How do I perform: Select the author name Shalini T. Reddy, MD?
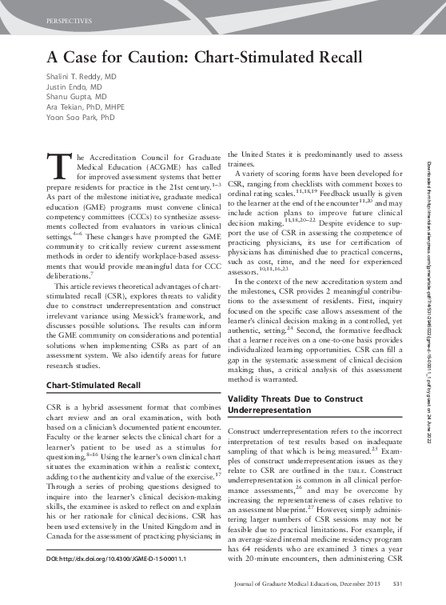(x=80, y=75)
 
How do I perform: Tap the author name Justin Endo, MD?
(x=70, y=86)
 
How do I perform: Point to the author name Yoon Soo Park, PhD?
(x=79, y=117)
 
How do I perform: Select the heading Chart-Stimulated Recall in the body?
(x=93, y=385)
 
